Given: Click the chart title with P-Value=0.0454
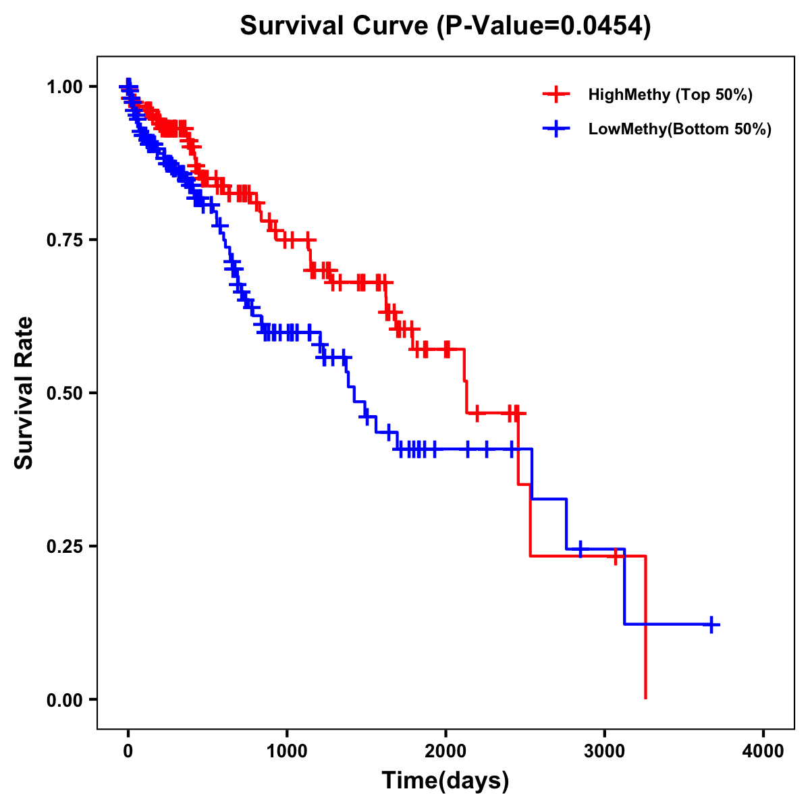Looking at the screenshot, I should point(446,26).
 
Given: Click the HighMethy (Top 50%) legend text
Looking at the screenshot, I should point(670,94).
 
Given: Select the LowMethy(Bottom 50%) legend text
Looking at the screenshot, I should point(680,129).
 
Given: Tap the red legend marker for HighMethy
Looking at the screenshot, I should point(556,94).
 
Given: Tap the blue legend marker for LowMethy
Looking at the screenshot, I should point(556,129).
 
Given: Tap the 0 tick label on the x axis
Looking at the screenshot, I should point(128,751).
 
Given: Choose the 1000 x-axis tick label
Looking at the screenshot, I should point(287,751).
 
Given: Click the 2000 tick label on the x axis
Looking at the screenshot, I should point(446,751).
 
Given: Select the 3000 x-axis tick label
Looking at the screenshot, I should point(605,751).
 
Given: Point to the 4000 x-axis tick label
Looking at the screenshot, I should point(763,751).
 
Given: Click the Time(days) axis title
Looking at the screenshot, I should point(446,781).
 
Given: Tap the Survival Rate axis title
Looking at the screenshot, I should point(24,393).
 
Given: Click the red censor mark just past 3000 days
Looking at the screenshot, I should point(616,556).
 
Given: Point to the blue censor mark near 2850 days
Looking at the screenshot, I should point(580,549).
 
